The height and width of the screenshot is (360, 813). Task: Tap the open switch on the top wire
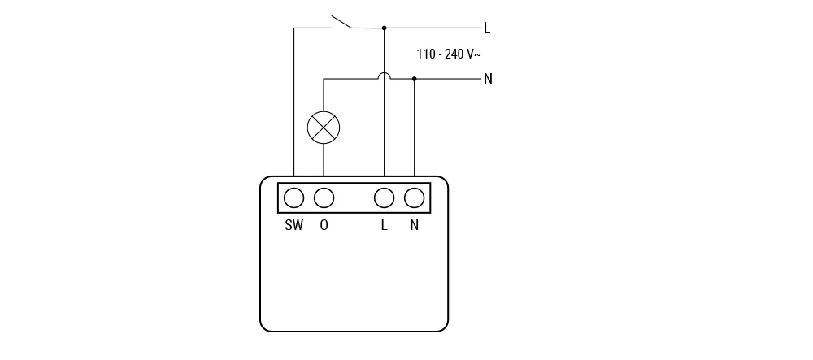click(341, 22)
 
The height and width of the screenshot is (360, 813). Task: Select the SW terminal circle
click(294, 197)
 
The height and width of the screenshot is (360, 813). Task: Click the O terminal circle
click(324, 197)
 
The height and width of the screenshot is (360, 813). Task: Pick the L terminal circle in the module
click(385, 197)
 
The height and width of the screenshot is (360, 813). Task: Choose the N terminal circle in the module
click(415, 197)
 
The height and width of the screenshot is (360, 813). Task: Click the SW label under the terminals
click(294, 226)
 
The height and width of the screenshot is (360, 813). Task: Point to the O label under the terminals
click(324, 226)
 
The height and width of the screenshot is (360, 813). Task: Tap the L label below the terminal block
click(385, 226)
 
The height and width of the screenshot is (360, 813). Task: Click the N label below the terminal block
click(415, 226)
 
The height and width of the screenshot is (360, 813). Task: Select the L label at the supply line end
click(487, 28)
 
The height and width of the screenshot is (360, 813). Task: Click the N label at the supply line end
click(488, 79)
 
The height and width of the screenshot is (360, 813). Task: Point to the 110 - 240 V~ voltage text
click(449, 54)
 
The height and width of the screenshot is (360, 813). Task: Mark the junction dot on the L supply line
click(385, 28)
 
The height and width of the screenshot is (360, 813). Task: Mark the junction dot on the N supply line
click(415, 79)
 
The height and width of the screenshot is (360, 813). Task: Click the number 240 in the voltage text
click(454, 54)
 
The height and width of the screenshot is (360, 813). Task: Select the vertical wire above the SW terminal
click(294, 102)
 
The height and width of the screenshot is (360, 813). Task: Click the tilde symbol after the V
click(477, 54)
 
